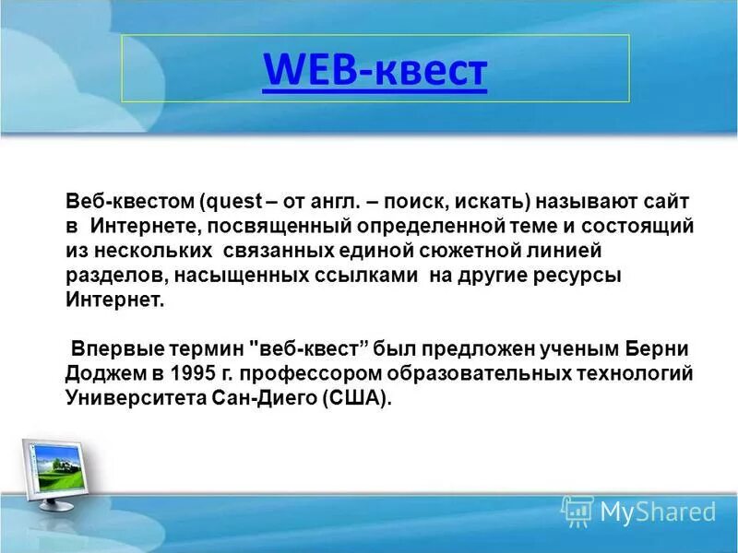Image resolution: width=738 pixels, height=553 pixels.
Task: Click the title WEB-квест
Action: [374, 70]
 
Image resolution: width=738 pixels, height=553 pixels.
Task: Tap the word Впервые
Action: [112, 350]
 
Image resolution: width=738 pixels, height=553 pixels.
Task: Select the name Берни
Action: [657, 350]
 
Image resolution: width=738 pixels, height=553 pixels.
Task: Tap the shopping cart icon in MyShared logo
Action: [577, 510]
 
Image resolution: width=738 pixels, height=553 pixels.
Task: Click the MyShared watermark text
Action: [658, 511]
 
